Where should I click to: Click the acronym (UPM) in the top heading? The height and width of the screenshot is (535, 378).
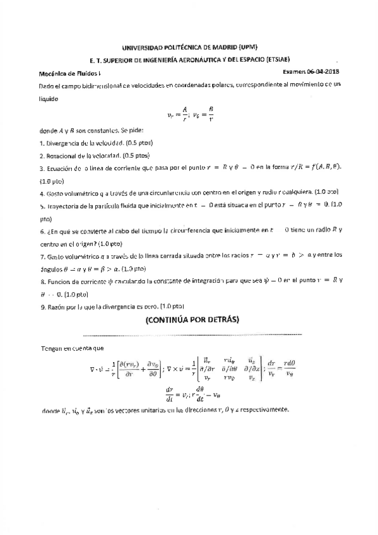point(247,48)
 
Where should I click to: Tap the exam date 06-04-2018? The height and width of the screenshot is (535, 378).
point(326,73)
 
